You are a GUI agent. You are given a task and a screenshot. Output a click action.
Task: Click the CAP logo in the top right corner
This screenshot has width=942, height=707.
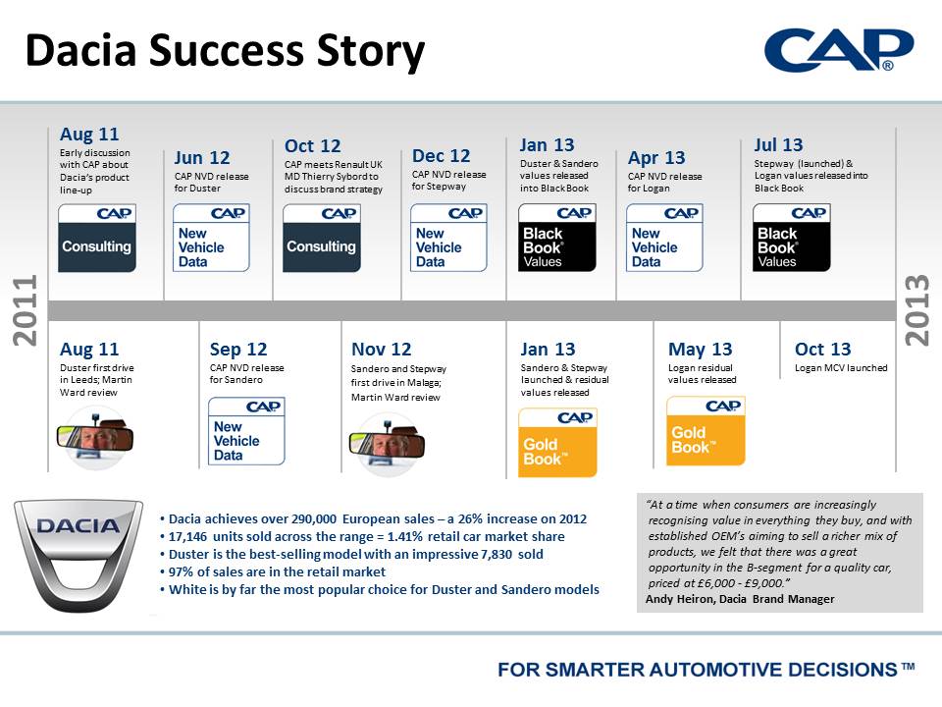[x=839, y=50]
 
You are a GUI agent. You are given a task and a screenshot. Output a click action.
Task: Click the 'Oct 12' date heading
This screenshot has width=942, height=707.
[x=312, y=146]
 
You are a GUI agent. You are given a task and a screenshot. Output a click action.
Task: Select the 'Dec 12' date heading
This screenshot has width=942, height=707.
[x=441, y=156]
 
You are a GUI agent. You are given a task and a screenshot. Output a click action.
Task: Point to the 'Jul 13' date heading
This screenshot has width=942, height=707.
[x=778, y=145]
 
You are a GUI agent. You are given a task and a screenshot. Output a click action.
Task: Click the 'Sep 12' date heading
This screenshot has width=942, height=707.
[x=238, y=350]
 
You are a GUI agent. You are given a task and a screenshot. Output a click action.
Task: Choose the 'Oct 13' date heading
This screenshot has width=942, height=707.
[x=823, y=350]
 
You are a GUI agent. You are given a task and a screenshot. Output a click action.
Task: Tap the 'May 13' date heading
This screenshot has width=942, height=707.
[x=701, y=350]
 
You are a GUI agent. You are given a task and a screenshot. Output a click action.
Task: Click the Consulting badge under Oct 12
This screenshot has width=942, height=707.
[x=322, y=238]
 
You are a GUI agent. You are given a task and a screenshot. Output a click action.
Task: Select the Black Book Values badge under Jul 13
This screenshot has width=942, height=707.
[x=792, y=238]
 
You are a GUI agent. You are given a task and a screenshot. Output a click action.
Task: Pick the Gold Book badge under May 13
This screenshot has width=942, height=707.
[x=706, y=430]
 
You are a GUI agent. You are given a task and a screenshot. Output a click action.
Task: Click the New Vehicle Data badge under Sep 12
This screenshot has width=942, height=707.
[x=246, y=431]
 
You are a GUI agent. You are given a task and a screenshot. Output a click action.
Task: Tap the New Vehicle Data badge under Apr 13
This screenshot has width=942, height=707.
[x=664, y=238]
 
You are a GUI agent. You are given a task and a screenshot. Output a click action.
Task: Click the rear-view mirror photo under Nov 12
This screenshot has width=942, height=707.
[x=387, y=444]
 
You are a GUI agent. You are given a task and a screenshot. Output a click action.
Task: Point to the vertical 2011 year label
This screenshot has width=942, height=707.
[x=26, y=310]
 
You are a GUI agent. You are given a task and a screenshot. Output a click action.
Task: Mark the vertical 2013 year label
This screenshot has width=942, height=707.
[x=917, y=310]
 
